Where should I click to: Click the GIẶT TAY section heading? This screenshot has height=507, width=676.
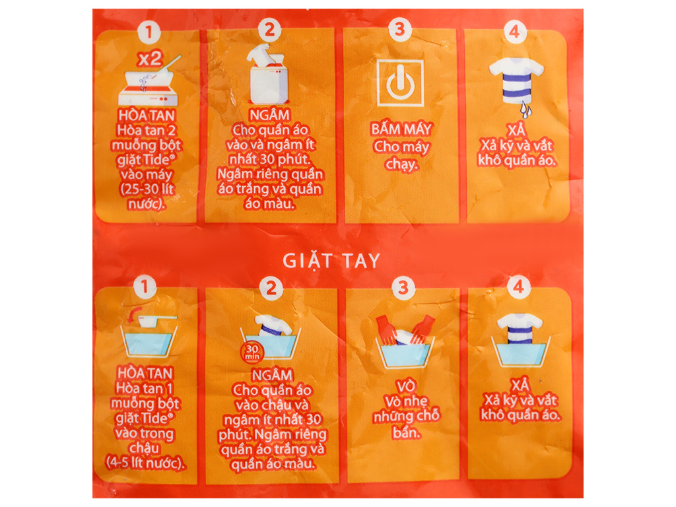331,260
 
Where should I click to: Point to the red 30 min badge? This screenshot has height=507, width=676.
251,352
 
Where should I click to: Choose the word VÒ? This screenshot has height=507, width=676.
403,386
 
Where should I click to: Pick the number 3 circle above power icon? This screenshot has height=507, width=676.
399,30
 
